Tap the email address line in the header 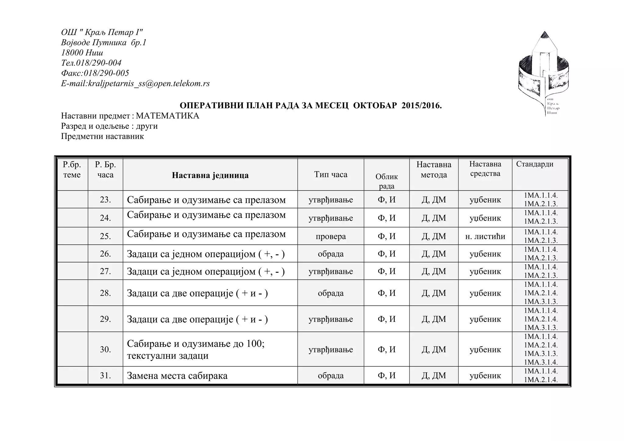tap(135, 84)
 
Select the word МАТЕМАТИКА tap(167, 116)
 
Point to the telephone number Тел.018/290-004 tap(91, 63)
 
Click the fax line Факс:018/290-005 tap(95, 73)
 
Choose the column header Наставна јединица tap(210, 175)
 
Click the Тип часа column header tap(331, 175)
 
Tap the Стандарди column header tap(534, 164)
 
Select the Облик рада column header tap(386, 181)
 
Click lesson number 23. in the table tap(105, 200)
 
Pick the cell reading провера tap(331, 237)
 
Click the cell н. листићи tap(485, 237)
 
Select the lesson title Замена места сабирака tap(177, 376)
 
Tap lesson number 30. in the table tap(105, 350)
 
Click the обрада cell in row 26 tap(331, 254)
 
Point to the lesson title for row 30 tap(196, 350)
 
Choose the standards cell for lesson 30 tap(541, 350)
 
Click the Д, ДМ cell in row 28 tap(434, 293)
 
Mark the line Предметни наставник tap(102, 136)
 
